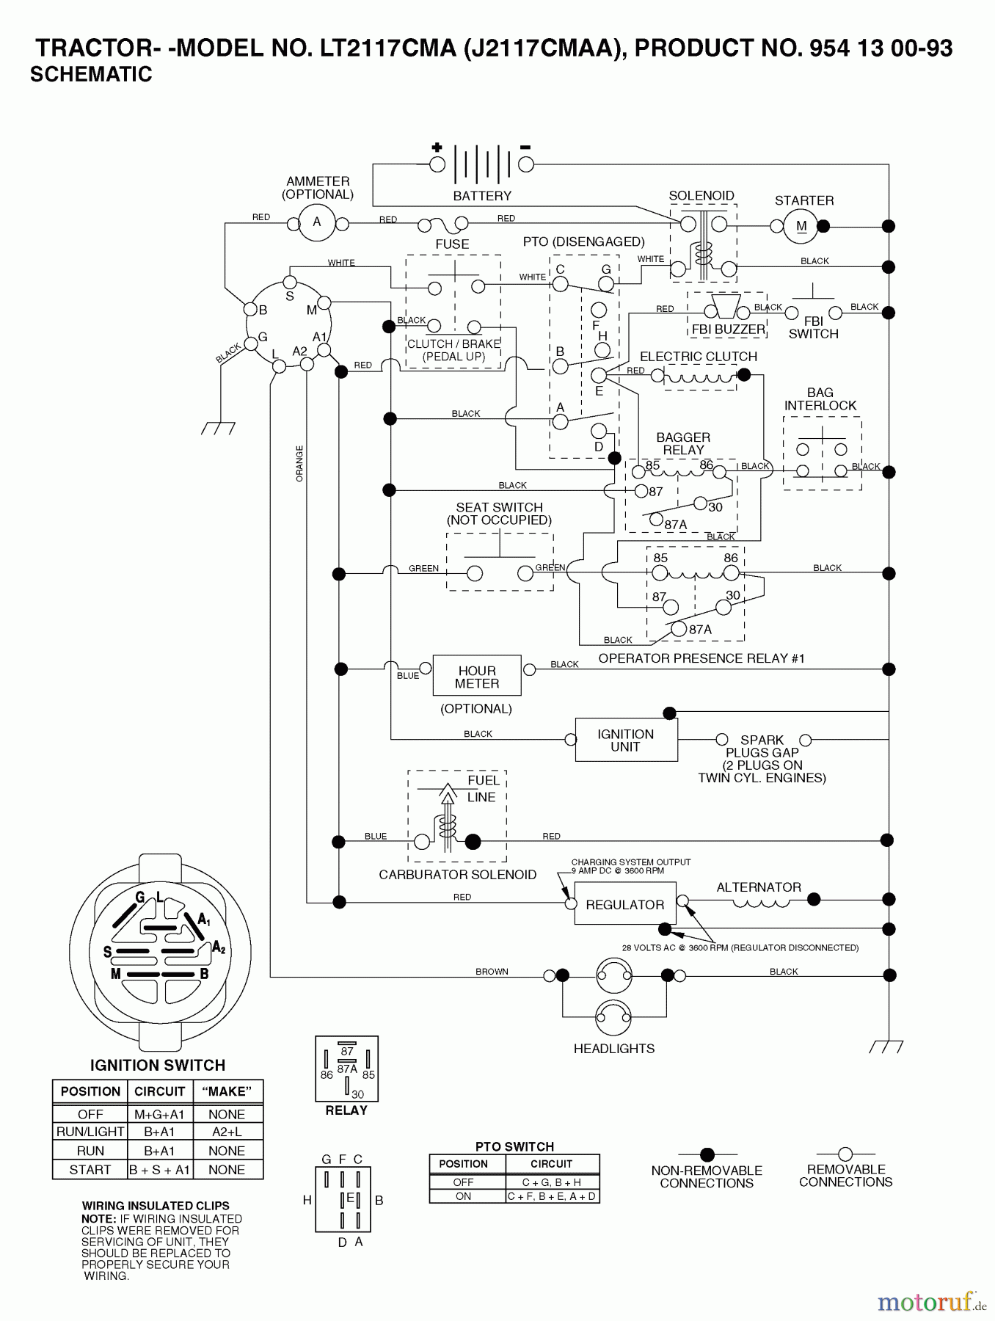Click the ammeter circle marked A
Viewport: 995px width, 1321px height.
point(317,222)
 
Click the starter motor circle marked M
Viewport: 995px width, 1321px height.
point(801,226)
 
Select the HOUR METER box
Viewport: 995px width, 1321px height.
point(477,676)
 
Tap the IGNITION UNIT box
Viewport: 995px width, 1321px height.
point(626,740)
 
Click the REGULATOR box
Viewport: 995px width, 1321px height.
point(624,905)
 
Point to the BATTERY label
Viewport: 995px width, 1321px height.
point(482,196)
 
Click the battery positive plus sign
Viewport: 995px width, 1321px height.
point(437,147)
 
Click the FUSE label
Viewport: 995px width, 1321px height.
point(452,244)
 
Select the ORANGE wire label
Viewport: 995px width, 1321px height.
point(299,463)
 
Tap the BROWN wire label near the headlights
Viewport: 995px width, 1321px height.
point(492,971)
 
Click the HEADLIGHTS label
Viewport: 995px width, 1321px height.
point(614,1049)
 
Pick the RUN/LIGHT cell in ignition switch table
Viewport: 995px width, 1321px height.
point(90,1132)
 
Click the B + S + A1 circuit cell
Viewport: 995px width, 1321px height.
point(159,1170)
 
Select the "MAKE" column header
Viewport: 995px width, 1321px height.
point(227,1091)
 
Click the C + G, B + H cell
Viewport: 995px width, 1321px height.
point(552,1182)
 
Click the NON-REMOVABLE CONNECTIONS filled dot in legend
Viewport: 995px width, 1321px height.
point(707,1154)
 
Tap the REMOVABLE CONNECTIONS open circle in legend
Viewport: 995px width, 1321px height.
point(845,1154)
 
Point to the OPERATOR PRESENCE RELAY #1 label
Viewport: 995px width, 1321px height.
point(701,658)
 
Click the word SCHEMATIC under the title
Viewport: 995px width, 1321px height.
point(91,74)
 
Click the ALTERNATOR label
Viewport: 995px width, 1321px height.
point(759,887)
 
